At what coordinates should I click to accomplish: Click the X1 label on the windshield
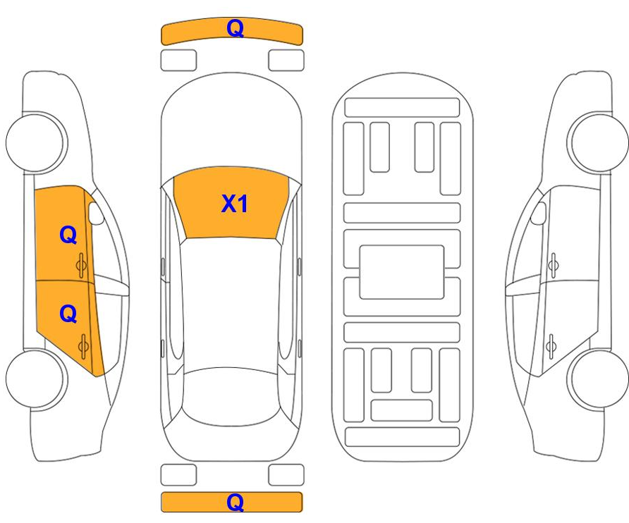tap(235, 204)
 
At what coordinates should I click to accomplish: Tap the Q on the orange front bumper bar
tap(235, 28)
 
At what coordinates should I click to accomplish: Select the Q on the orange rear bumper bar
tap(235, 503)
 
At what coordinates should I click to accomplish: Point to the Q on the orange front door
tap(68, 235)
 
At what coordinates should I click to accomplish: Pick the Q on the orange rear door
tap(68, 313)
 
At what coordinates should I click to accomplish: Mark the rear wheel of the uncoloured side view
tap(599, 379)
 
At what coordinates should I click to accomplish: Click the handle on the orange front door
tap(82, 264)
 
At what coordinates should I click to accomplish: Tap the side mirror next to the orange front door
tap(95, 214)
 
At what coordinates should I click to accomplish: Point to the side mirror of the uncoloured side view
tap(539, 214)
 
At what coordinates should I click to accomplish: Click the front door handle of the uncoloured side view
tap(553, 264)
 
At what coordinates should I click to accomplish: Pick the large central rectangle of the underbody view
tap(401, 271)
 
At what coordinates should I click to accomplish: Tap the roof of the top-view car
tap(233, 303)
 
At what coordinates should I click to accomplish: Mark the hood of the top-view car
tap(233, 127)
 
